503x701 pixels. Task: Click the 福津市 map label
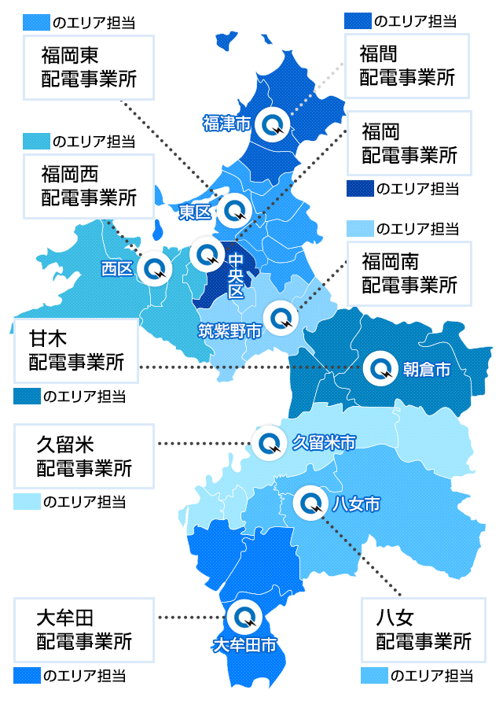tap(226, 123)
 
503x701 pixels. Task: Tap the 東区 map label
tap(194, 212)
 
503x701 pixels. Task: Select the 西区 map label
tap(116, 269)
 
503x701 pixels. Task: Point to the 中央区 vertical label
tap(237, 276)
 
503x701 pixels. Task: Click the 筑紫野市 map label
tap(229, 330)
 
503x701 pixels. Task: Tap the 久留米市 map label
tap(324, 442)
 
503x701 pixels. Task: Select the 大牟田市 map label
tap(244, 645)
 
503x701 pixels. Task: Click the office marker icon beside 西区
tap(154, 268)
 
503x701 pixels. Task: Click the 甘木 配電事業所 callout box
tap(76, 351)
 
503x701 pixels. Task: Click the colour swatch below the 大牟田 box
tap(26, 675)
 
